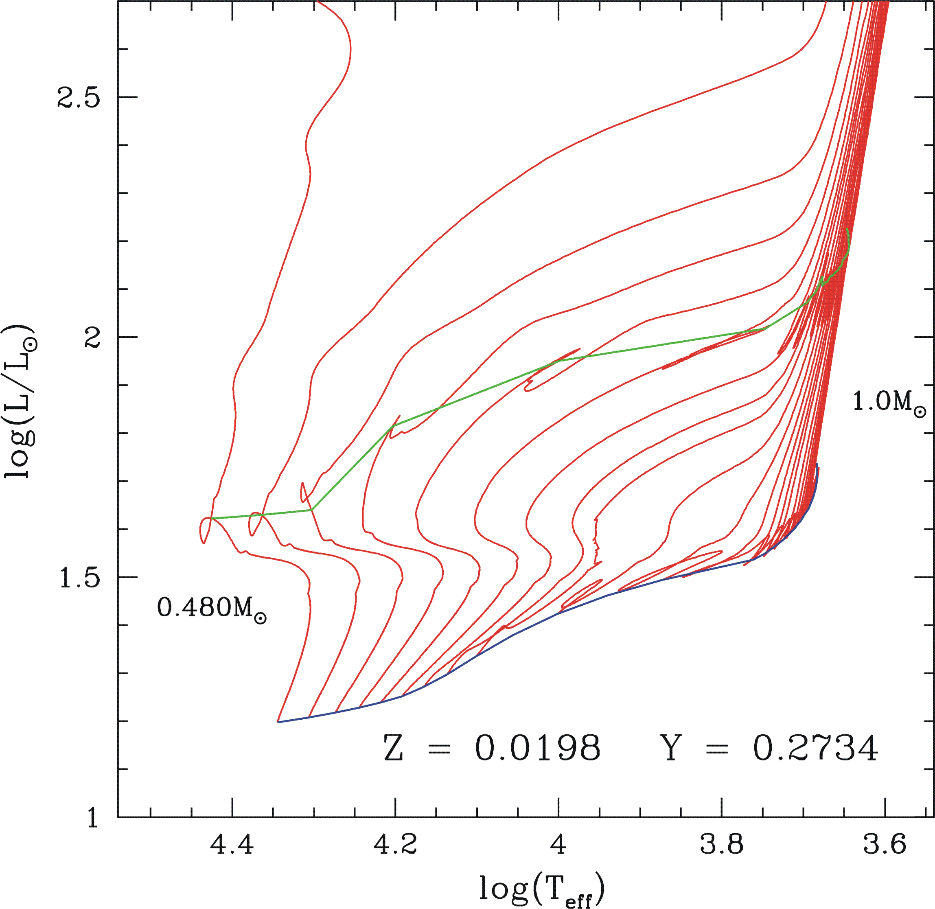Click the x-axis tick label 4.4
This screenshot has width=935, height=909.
[x=232, y=844]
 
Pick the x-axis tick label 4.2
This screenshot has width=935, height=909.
[x=395, y=844]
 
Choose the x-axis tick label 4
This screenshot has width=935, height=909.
[x=558, y=844]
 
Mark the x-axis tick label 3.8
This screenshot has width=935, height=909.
[x=721, y=844]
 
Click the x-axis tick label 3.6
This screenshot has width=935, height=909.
[x=885, y=844]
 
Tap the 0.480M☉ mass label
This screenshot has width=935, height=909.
[x=211, y=609]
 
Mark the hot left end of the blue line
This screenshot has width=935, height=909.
[x=278, y=722]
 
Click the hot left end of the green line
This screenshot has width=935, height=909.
[x=211, y=518]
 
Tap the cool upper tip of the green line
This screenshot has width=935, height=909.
[x=847, y=230]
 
